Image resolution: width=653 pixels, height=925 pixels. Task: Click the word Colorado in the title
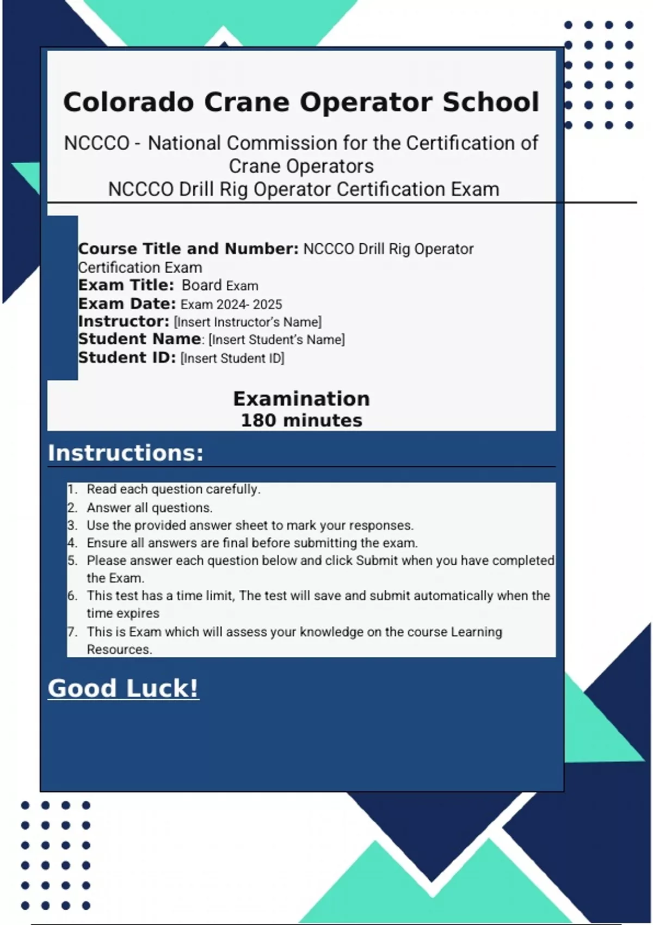coord(128,102)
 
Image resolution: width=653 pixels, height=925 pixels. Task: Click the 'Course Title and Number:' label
coord(188,249)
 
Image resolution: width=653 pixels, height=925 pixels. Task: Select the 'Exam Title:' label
coord(126,285)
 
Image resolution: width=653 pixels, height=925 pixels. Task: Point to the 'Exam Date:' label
coord(127,304)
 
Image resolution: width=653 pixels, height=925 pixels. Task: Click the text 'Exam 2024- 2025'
coord(231,304)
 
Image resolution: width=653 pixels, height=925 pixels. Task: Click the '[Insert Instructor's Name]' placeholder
coord(248,322)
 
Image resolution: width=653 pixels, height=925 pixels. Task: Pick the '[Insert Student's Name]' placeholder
coord(276,340)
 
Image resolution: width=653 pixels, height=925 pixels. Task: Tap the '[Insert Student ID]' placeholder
coord(232,358)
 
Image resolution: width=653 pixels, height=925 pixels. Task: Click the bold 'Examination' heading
coord(301,399)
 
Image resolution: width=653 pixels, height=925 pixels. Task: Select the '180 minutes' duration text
coord(301,421)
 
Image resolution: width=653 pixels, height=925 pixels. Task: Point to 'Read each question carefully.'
coord(174,489)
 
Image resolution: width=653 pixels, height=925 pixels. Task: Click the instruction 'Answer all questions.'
coord(150,508)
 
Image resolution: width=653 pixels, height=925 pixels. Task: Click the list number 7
coord(72,632)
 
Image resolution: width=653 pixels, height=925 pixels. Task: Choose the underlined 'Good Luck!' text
coord(123,688)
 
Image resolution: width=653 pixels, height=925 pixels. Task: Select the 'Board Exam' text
coord(220,286)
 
